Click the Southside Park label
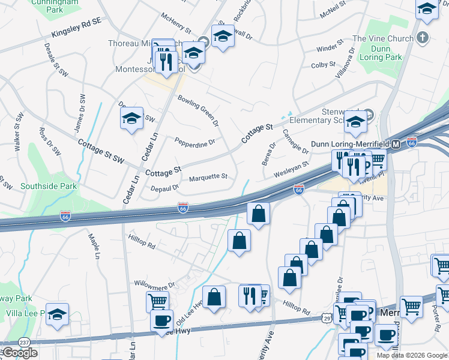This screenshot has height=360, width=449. coord(48,186)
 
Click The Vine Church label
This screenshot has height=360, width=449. coord(383,38)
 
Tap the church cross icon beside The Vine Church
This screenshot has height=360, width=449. coord(423,38)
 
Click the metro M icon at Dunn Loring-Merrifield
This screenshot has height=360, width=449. coord(396,145)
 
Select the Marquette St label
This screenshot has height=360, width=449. coord(208,177)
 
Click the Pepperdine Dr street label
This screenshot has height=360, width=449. coord(194,142)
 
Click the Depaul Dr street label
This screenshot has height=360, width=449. coord(164,188)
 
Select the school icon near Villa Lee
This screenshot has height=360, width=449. coord(57,314)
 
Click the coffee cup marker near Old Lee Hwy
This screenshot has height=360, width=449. coord(161,320)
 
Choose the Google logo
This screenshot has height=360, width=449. coord(20,353)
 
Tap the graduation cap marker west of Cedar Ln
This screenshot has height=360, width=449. coord(131,118)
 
